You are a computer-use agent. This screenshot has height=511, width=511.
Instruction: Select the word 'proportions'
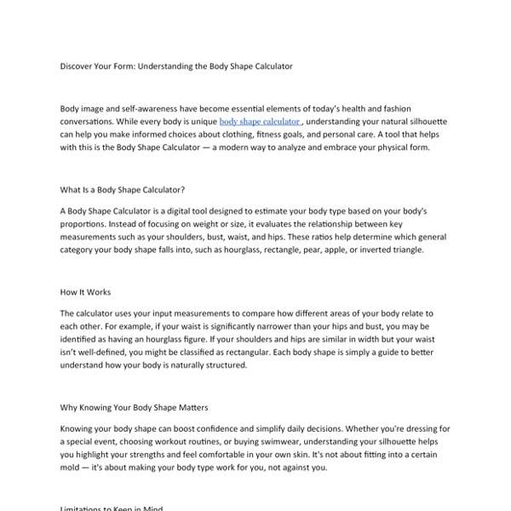[x=86, y=223]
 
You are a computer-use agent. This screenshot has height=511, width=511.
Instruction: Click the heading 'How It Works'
[x=85, y=292]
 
